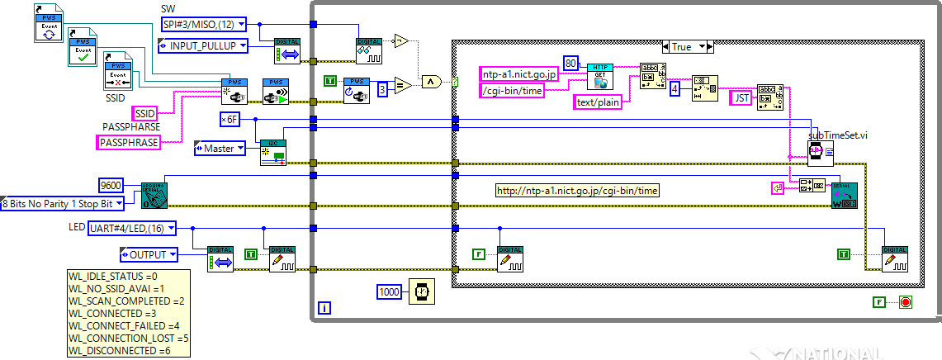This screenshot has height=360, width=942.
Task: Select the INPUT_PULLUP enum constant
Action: pos(202,45)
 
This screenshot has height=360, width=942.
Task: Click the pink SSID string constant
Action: pos(144,113)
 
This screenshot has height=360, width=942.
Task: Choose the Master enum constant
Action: pos(220,149)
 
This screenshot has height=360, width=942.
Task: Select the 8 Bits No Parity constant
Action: pos(63,203)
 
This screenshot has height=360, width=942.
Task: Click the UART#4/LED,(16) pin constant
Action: pos(126,229)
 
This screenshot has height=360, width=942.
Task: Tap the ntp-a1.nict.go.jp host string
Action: pos(518,74)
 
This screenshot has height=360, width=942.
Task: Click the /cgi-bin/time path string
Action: pos(512,91)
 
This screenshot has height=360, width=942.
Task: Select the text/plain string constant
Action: pos(598,102)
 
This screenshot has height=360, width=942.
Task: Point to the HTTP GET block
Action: pos(599,74)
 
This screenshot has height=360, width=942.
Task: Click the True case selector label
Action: pos(681,47)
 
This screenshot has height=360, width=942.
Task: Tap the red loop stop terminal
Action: pos(905,302)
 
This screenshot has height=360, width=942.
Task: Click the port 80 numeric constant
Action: pos(571,64)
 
